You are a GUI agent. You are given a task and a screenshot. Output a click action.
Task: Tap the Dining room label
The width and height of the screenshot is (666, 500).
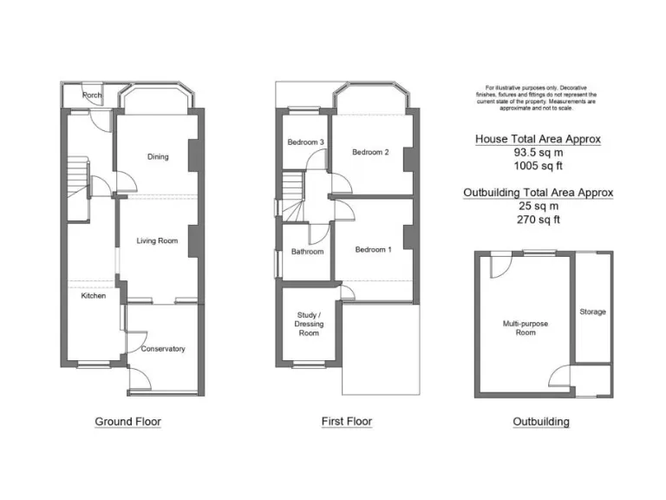(x=158, y=157)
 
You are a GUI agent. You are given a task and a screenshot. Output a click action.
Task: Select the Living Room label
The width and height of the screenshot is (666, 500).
(x=157, y=240)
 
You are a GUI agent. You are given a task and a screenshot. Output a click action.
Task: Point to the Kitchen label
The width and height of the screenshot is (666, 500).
(x=94, y=296)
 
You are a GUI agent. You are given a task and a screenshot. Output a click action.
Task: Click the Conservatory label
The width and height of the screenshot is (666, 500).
(x=163, y=349)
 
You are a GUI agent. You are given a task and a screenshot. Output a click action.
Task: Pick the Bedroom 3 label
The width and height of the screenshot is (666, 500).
(x=306, y=142)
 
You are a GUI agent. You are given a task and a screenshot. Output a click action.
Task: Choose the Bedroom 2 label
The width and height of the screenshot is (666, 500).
(x=370, y=152)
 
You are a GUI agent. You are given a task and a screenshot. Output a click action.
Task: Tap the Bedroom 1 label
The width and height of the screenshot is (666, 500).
(x=374, y=250)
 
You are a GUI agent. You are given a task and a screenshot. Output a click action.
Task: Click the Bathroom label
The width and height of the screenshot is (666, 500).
(x=307, y=252)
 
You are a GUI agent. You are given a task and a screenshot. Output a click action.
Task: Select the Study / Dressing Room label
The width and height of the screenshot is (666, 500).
(x=309, y=324)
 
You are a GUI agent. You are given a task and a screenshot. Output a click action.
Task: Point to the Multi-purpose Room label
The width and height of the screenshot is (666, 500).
(x=526, y=328)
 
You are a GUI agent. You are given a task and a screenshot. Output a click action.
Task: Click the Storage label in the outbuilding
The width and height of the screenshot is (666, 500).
(x=593, y=312)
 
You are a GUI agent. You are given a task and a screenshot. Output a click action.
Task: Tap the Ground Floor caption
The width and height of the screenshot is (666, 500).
(x=127, y=422)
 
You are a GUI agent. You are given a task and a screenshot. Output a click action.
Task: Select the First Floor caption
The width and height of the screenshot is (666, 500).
(x=347, y=422)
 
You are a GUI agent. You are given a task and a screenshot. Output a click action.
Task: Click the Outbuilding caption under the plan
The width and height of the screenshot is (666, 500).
(x=541, y=422)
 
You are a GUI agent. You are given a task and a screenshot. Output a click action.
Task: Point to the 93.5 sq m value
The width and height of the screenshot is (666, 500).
(x=538, y=152)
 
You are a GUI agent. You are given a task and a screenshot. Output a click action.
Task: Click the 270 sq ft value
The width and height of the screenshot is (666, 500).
(x=538, y=220)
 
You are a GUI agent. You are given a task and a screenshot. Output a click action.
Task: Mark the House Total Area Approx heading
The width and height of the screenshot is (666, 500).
(x=538, y=139)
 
